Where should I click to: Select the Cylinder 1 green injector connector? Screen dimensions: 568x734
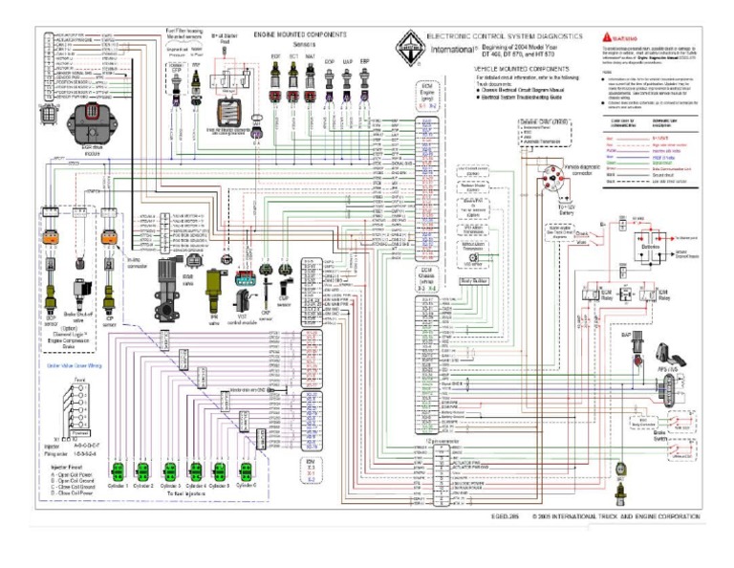[x=117, y=470]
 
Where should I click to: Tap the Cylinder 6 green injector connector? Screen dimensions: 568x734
[x=245, y=470]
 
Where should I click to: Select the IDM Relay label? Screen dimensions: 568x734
[x=660, y=291]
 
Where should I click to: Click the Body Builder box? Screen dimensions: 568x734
[x=473, y=281]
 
